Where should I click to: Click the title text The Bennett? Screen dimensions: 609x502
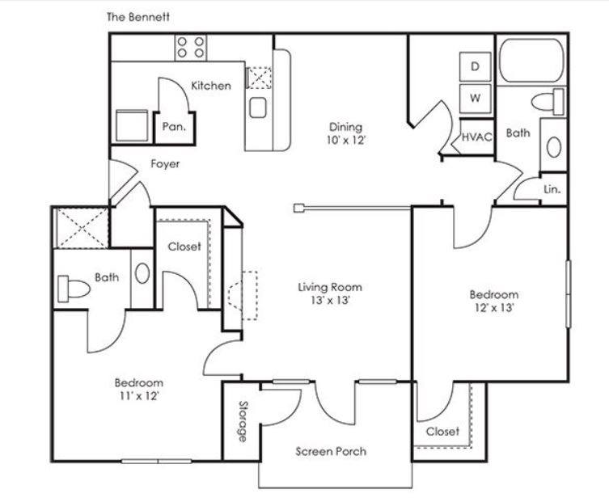[138, 17]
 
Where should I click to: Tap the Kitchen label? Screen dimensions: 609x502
[211, 86]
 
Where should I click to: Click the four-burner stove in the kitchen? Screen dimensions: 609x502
[190, 48]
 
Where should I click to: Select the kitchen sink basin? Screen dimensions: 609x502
[258, 108]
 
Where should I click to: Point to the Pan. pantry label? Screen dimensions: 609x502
[174, 127]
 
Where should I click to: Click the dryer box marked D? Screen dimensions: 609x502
[475, 67]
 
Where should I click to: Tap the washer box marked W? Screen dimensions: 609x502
[475, 99]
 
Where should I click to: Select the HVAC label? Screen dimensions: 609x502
[477, 137]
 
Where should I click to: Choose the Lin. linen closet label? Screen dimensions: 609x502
[552, 189]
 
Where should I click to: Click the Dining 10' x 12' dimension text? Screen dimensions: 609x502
[345, 140]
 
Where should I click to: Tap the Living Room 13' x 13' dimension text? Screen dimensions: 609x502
[330, 300]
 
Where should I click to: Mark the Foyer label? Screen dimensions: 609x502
[165, 164]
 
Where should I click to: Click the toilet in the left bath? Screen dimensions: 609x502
[74, 289]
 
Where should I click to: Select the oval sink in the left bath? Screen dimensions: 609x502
[142, 273]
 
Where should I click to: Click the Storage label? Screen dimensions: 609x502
[243, 421]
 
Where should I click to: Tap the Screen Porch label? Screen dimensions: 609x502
[331, 451]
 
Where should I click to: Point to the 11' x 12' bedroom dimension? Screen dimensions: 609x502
[138, 396]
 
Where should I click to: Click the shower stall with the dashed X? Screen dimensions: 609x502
[82, 228]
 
